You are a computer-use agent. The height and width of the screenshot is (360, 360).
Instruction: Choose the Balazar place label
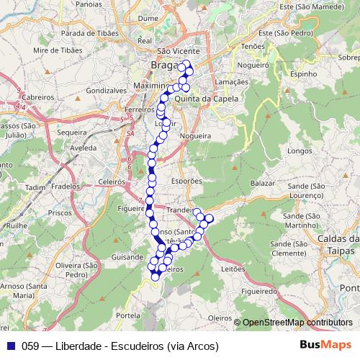pyautogui.click(x=263, y=184)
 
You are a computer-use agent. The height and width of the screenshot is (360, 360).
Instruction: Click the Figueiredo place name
pyautogui.click(x=260, y=292)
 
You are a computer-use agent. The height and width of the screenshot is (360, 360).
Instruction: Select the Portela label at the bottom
pyautogui.click(x=127, y=315)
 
